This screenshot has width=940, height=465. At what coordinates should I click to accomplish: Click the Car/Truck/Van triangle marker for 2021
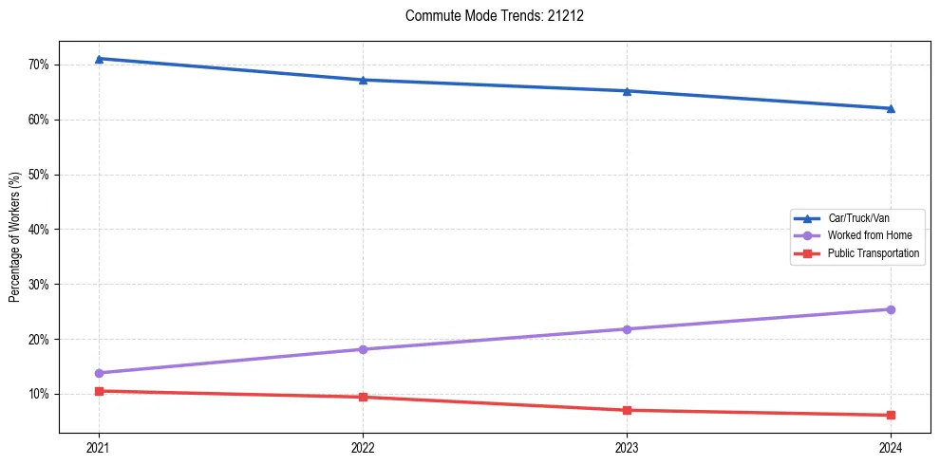(99, 59)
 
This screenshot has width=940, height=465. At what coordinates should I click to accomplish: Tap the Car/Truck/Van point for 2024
(891, 108)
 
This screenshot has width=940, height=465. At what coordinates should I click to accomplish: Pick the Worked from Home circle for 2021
(99, 373)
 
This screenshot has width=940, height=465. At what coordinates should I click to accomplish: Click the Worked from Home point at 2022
(363, 349)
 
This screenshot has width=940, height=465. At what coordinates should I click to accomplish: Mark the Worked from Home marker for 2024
(891, 309)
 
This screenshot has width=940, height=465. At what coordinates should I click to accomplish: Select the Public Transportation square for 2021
(99, 391)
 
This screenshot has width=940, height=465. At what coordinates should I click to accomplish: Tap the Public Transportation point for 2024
(891, 415)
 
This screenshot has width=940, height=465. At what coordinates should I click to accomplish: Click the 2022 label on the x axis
(363, 448)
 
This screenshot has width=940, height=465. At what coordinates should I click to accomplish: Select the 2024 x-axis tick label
(891, 448)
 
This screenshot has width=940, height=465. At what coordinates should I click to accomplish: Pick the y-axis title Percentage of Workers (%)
(15, 237)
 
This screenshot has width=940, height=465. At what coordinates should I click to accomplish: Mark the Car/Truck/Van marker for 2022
(363, 80)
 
